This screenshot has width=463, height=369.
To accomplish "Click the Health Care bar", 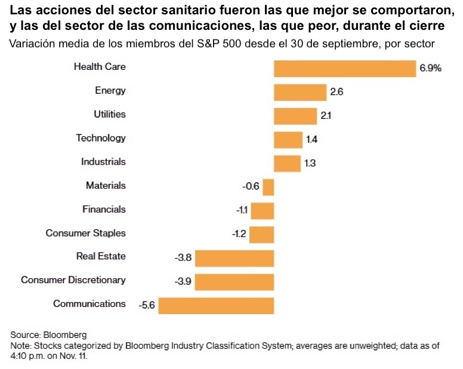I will [x=344, y=68].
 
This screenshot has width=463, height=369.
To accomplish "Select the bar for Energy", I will [x=300, y=92].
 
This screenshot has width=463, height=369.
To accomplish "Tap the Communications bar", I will [x=216, y=305].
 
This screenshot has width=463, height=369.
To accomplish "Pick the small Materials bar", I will [x=268, y=187].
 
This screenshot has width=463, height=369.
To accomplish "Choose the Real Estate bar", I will [x=234, y=258].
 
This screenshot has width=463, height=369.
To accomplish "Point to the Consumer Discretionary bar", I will [x=234, y=281].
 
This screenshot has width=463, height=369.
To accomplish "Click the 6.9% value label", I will [x=430, y=68].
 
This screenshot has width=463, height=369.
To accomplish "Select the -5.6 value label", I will [x=147, y=305].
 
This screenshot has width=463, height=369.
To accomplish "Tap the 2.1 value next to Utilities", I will [x=326, y=116].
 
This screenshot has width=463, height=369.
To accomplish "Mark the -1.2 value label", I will [x=239, y=234].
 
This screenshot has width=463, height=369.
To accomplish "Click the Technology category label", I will [x=101, y=138].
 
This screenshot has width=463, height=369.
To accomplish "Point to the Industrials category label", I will [x=103, y=162].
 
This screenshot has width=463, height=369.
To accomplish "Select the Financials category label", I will [x=104, y=210].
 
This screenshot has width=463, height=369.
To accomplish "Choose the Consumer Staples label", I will [x=86, y=233].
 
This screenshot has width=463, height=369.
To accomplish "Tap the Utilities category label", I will [x=110, y=114].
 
